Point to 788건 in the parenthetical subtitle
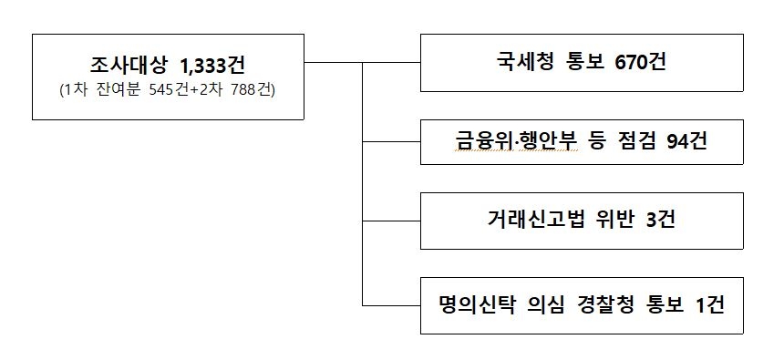254,90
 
